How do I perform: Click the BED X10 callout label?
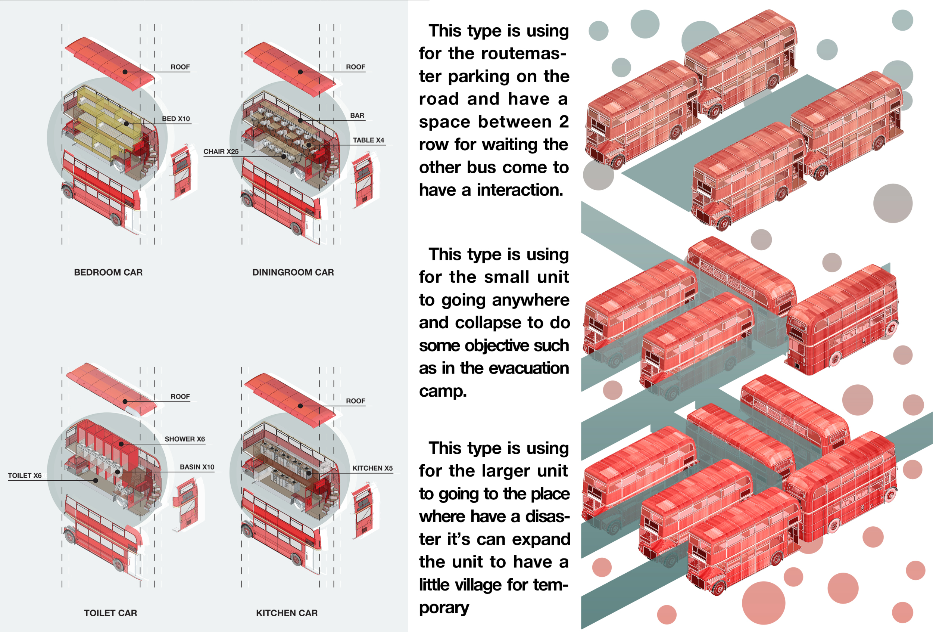(176, 119)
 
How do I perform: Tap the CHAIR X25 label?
(221, 152)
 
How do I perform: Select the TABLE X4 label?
(368, 140)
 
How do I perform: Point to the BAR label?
(357, 116)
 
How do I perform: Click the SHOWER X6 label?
(185, 439)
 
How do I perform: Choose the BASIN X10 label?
(197, 467)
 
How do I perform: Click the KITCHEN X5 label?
(372, 468)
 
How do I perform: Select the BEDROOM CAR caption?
(108, 272)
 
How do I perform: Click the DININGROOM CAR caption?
(293, 272)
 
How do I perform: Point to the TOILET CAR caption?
(110, 613)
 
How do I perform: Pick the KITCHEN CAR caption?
(287, 613)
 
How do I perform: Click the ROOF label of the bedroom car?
(180, 67)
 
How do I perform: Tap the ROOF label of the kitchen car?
(355, 401)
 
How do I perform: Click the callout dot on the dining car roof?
(300, 72)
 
